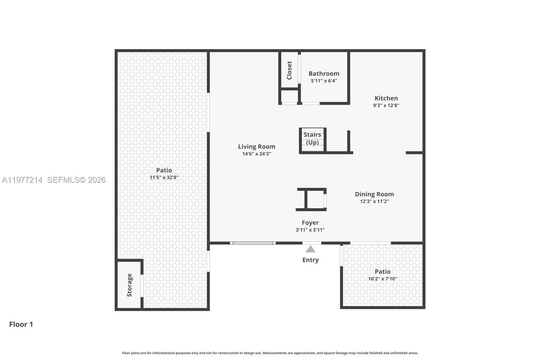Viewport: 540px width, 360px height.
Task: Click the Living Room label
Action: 256,147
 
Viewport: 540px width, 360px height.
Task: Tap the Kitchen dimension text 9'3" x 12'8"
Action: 386,105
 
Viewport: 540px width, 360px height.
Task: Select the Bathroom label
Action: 324,74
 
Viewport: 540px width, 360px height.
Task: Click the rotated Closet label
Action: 289,70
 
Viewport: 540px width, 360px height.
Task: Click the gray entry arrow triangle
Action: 310,249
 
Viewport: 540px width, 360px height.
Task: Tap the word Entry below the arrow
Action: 310,260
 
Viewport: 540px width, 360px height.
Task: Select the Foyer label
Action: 310,223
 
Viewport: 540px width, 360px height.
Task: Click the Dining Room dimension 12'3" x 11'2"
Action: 374,201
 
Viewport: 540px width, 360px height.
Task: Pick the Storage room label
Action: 130,285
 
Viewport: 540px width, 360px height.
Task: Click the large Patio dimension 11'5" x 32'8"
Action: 164,177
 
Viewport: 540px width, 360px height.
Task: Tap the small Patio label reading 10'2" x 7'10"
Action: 382,279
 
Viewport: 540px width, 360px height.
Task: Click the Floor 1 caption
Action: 21,324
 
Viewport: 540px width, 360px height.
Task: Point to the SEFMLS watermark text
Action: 76,180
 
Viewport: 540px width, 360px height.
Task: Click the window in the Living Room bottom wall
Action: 253,243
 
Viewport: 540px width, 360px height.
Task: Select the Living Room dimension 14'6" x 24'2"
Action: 256,154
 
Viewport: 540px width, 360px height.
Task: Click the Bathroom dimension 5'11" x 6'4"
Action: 324,81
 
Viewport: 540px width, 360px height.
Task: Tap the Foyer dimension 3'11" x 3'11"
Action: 310,230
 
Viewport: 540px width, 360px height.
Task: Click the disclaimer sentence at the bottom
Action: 270,353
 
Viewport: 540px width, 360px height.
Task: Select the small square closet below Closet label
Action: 289,96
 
